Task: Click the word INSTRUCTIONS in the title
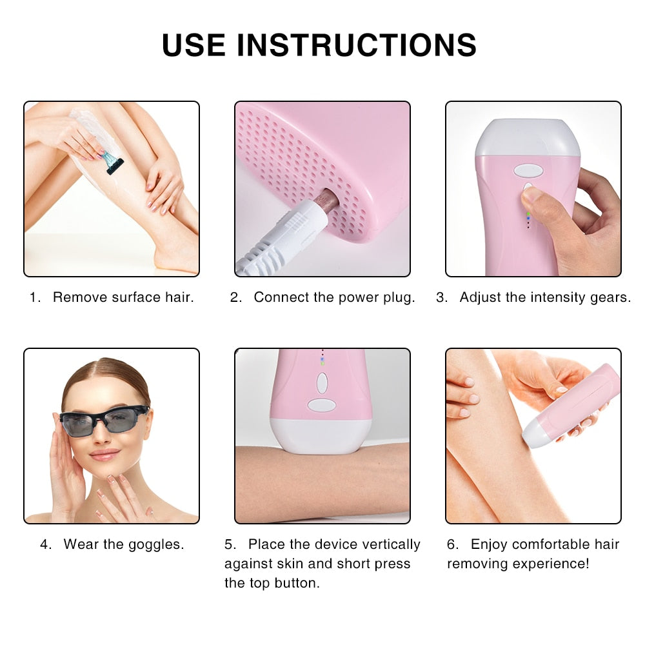[357, 45]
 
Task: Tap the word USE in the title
[193, 45]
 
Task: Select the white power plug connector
[284, 235]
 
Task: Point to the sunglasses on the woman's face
[104, 420]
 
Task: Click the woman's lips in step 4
[104, 455]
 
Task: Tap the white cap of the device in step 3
[528, 137]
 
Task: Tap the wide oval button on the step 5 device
[322, 405]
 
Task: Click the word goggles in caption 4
[156, 544]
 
